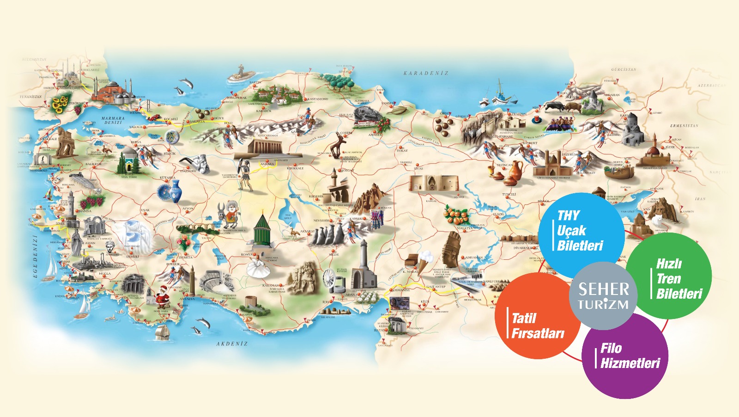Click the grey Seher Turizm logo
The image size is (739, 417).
pos(603,296)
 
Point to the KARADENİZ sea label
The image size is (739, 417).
pos(425,73)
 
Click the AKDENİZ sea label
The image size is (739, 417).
pos(232,343)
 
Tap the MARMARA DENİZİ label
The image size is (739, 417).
pos(113,120)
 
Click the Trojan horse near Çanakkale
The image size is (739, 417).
pos(67,141)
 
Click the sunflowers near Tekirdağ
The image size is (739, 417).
pos(60,104)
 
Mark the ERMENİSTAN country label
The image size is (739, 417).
pos(684,126)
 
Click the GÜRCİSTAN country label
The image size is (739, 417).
pos(624,69)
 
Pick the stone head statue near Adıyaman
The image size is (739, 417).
pos(451,250)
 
